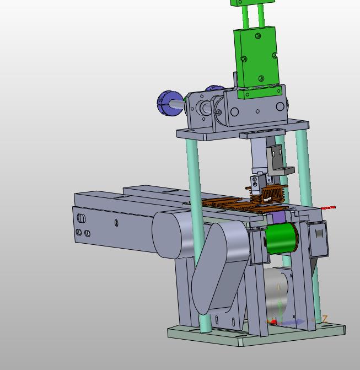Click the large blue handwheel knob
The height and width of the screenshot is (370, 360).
click(x=169, y=103)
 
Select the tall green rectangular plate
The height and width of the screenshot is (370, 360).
click(x=257, y=57)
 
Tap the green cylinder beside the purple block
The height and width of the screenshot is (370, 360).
click(x=281, y=238)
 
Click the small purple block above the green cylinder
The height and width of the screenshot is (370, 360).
click(x=279, y=217)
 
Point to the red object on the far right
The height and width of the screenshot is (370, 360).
click(x=329, y=208)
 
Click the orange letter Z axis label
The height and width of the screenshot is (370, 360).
click(x=325, y=319)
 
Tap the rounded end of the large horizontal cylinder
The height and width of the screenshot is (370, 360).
click(x=166, y=235)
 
